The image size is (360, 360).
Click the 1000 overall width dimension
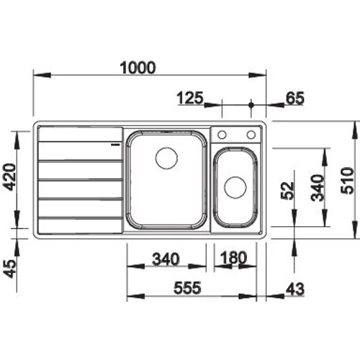[x=138, y=68]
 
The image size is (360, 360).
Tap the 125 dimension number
[x=190, y=98]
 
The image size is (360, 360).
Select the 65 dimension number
[x=295, y=98]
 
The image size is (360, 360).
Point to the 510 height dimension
[x=347, y=181]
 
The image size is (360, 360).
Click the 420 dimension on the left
[x=10, y=177]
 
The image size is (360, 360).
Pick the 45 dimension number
[x=10, y=269]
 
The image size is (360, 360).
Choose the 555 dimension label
[x=187, y=288]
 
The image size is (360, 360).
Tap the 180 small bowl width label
[x=233, y=258]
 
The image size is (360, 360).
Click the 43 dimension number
[x=295, y=289]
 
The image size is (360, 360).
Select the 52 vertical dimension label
[x=287, y=191]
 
